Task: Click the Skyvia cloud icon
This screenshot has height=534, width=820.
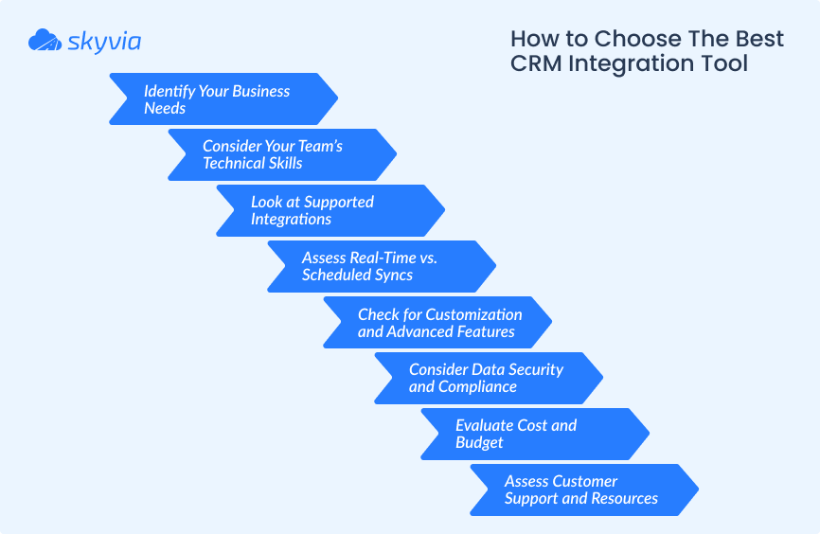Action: click(x=45, y=40)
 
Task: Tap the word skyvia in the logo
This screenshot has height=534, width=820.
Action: click(x=104, y=42)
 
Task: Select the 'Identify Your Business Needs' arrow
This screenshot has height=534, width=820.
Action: click(x=223, y=98)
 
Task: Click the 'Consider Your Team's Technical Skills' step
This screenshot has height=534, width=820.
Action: click(x=282, y=155)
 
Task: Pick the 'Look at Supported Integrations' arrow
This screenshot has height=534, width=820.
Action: click(x=330, y=211)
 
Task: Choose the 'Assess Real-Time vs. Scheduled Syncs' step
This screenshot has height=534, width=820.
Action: click(x=382, y=267)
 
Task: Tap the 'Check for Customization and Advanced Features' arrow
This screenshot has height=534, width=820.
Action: click(x=437, y=323)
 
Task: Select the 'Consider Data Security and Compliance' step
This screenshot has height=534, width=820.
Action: click(x=489, y=378)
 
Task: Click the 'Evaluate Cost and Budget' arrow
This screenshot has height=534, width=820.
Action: click(x=535, y=434)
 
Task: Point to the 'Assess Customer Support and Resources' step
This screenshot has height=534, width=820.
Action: click(x=584, y=490)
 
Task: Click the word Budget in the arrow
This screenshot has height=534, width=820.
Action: click(x=479, y=442)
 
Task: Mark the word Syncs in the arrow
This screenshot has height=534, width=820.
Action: click(x=389, y=276)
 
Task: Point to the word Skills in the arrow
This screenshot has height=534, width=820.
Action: click(x=286, y=163)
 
